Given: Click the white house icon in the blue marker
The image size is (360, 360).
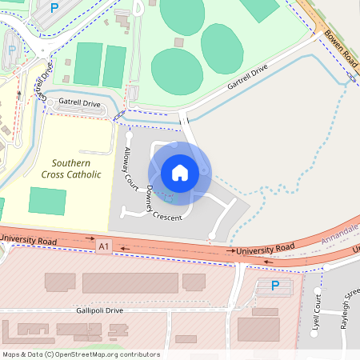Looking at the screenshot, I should (x=179, y=172).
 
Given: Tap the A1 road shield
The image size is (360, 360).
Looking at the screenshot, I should (x=103, y=247).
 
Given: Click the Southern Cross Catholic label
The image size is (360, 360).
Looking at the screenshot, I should (x=71, y=168).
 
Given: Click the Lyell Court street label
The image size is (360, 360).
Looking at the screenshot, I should (x=318, y=314).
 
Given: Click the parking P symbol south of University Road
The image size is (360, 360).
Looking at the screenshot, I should (x=275, y=286).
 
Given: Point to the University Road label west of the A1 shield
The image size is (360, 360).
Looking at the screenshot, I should (x=29, y=239).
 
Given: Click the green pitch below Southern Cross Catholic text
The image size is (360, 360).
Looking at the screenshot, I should (x=47, y=200).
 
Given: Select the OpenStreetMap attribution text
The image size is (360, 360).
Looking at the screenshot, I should (x=81, y=354).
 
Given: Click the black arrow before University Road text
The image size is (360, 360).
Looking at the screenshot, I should (x=227, y=252).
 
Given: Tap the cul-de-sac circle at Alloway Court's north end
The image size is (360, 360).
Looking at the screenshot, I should (x=128, y=135).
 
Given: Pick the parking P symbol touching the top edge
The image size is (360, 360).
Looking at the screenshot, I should (x=54, y=7).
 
